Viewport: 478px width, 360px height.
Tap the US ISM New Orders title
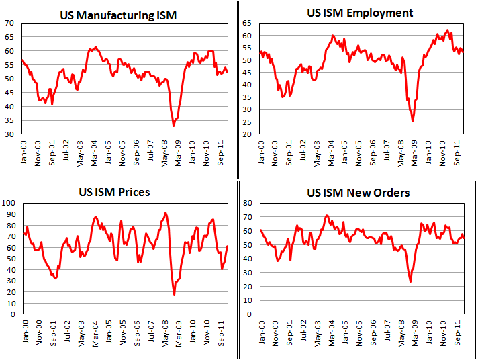coord(358,193)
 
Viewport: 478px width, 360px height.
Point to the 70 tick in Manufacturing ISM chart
coord(11,23)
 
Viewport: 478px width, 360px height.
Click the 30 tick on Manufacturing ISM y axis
coord(11,134)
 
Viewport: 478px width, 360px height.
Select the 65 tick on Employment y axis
coord(247,23)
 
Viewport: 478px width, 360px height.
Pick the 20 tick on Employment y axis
coord(247,134)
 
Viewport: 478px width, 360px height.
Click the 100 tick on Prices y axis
coord(9,202)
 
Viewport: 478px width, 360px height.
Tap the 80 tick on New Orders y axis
coord(247,202)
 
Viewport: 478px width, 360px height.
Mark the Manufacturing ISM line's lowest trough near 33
coord(173,126)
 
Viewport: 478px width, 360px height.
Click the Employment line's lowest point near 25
coord(412,121)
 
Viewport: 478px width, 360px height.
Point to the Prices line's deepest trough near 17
coord(174,294)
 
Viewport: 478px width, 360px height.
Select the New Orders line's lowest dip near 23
coord(410,281)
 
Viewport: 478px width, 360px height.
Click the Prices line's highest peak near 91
coord(166,213)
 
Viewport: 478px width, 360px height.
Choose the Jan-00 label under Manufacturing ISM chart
coord(23,153)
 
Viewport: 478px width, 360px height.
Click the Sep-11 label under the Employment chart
coord(457,153)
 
